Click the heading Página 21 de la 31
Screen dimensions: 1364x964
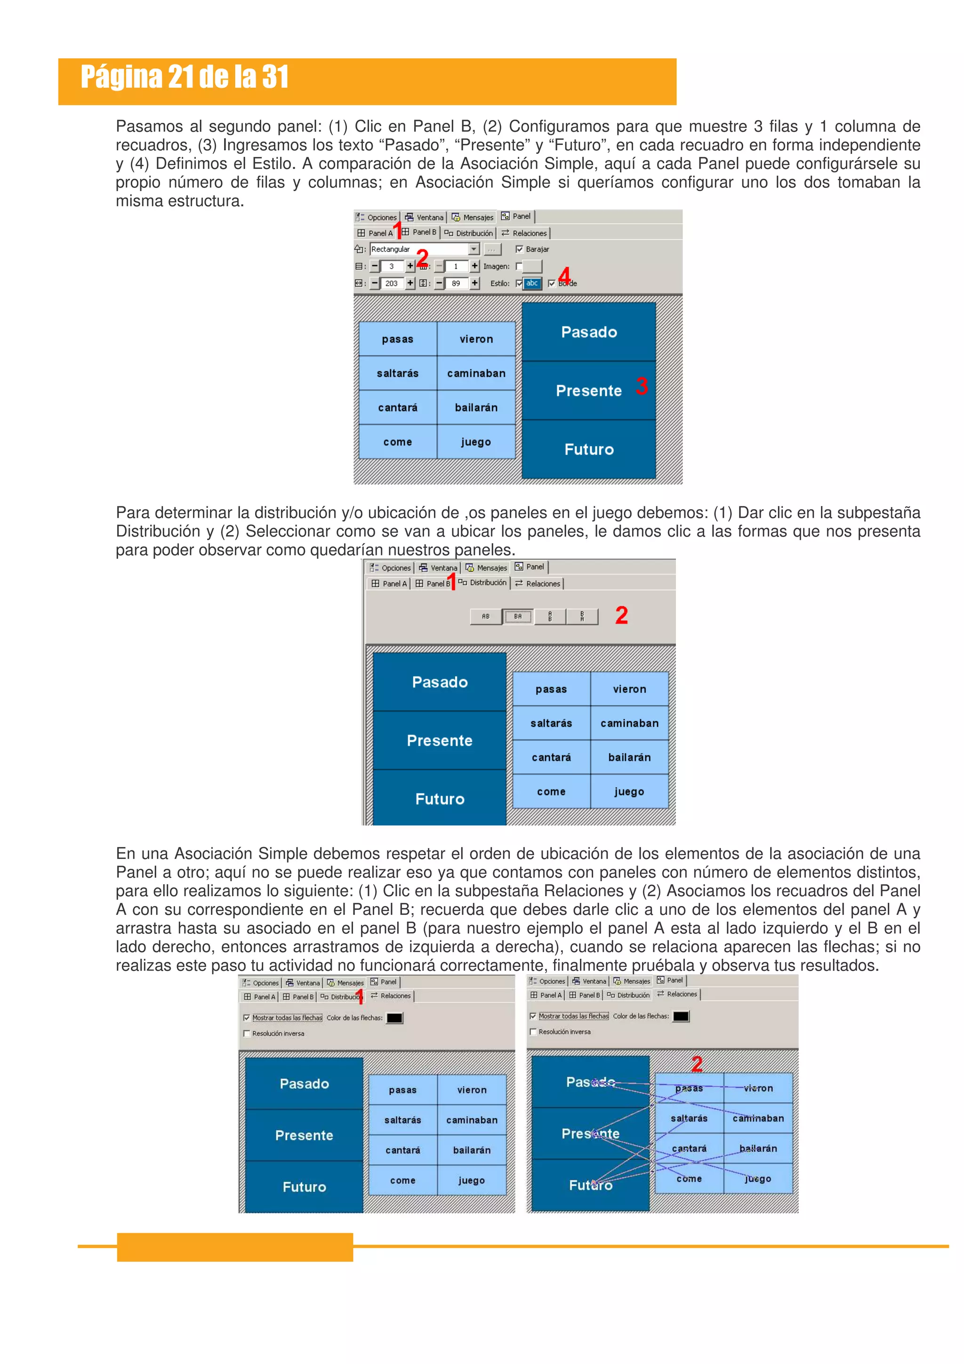pyautogui.click(x=184, y=77)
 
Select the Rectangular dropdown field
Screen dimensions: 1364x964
pyautogui.click(x=419, y=249)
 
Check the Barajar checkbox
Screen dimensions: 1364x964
pyautogui.click(x=519, y=249)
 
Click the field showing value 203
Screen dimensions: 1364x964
pyautogui.click(x=392, y=284)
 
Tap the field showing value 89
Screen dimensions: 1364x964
pyautogui.click(x=456, y=284)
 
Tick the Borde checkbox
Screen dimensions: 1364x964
pyautogui.click(x=551, y=284)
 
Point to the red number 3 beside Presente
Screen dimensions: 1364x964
pyautogui.click(x=642, y=386)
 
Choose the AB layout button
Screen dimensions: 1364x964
pyautogui.click(x=486, y=617)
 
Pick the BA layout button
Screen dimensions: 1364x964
pyautogui.click(x=518, y=617)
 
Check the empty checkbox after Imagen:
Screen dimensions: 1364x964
pyautogui.click(x=519, y=267)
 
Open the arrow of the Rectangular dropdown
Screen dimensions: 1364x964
pyautogui.click(x=474, y=249)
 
